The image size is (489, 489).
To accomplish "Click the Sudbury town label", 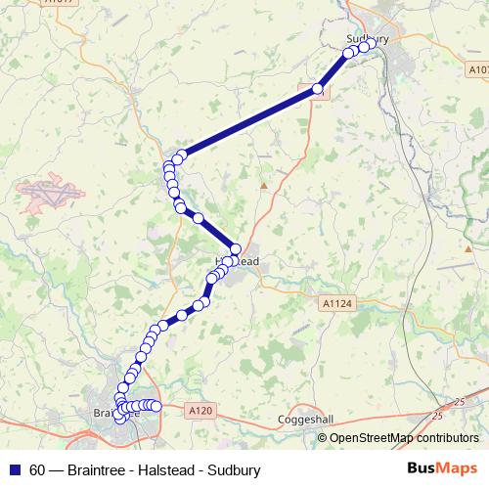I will tap(368, 38).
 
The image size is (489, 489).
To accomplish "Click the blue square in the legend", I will tap(14, 469).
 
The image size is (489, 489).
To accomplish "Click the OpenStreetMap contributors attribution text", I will tap(404, 438).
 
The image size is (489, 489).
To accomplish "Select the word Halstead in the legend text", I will tap(164, 470).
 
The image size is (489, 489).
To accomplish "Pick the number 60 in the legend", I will tap(37, 470).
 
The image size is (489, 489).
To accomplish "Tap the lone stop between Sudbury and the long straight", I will tap(317, 90).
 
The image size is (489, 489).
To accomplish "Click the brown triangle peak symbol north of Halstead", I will tap(263, 184).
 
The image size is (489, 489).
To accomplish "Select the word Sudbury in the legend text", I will tap(235, 470).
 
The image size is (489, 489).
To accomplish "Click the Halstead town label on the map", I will tap(239, 262).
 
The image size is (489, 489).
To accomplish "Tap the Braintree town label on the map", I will tap(115, 412).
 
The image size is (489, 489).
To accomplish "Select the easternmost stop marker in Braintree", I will tap(156, 406).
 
